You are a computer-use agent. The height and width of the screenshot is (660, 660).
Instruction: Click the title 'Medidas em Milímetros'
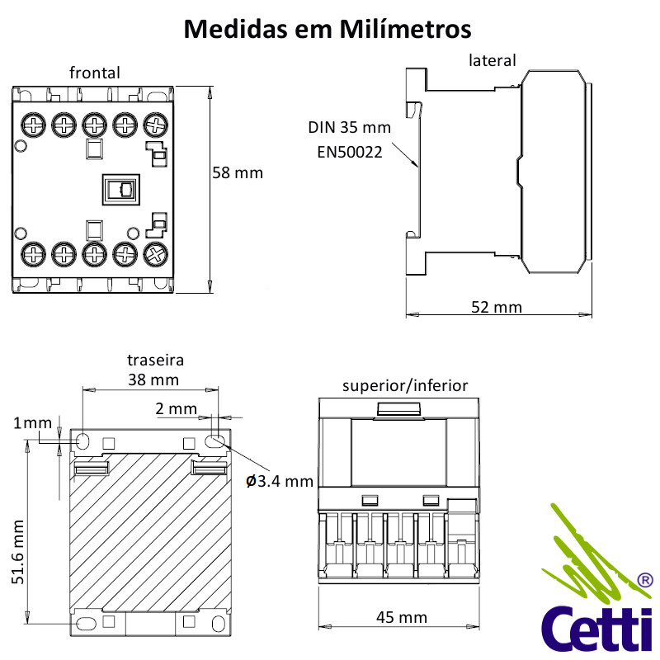tap(328, 29)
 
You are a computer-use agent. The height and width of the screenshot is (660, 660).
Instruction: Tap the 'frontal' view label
tap(94, 73)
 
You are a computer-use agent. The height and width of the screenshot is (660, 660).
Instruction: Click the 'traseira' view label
tap(155, 361)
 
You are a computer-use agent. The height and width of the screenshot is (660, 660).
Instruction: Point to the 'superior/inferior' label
tap(405, 385)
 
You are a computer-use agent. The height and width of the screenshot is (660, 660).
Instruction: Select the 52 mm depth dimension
tap(497, 307)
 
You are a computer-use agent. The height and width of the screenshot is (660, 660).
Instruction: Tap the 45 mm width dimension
tap(402, 617)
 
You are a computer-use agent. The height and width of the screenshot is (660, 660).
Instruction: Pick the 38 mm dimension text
tap(153, 380)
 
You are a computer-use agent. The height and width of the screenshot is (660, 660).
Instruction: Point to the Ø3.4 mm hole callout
tap(280, 481)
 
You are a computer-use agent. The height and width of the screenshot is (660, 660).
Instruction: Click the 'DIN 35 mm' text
tap(349, 128)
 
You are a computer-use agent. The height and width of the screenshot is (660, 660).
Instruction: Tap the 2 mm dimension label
tap(176, 408)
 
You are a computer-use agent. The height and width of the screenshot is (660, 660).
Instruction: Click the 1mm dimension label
tap(32, 423)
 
